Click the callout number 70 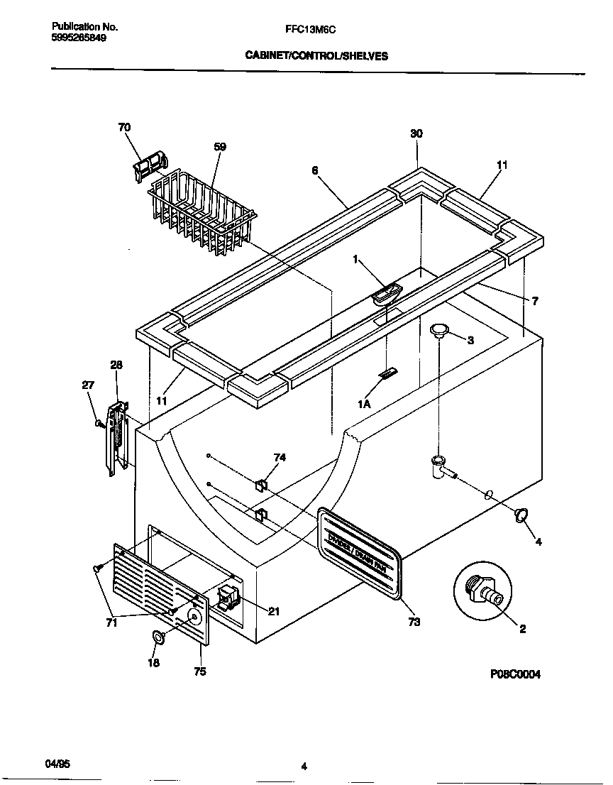point(124,128)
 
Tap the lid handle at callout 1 point(386,293)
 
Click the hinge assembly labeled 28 point(117,438)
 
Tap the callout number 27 point(88,385)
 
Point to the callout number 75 point(200,671)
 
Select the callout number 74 point(280,458)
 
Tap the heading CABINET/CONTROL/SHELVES point(316,56)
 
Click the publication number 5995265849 point(79,38)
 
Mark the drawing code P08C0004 point(514,675)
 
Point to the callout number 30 point(416,134)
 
